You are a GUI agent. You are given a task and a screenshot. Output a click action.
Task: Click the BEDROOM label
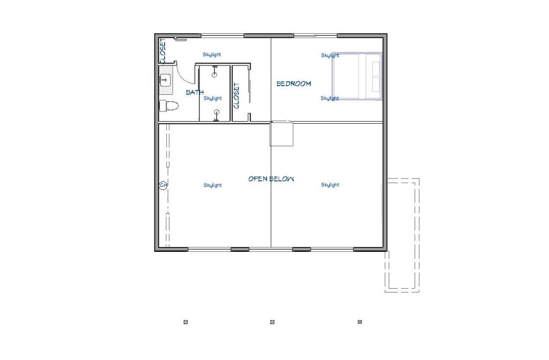[x=293, y=84]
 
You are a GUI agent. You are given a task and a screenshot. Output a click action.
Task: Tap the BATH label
[x=195, y=92]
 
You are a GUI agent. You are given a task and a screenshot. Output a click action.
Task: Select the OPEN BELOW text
[x=271, y=179]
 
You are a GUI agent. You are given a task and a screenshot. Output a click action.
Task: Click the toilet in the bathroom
[x=169, y=106]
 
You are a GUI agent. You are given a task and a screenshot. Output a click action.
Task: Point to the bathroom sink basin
[x=165, y=80]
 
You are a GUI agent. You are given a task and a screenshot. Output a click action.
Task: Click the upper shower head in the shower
[x=214, y=73]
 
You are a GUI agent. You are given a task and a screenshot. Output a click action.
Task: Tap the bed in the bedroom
[x=357, y=76]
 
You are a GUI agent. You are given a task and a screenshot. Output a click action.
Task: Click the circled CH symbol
[x=163, y=185]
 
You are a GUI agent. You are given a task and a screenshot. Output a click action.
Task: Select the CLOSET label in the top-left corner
[x=163, y=51]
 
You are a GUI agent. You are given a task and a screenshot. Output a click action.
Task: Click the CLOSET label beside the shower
[x=236, y=95]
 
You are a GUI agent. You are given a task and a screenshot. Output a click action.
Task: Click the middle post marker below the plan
[x=272, y=322]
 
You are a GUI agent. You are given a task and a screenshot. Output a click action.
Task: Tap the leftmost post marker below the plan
[x=186, y=322]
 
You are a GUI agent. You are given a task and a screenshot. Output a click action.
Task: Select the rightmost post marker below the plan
[x=360, y=322]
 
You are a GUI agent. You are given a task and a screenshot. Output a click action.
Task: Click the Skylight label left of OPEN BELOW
[x=212, y=185]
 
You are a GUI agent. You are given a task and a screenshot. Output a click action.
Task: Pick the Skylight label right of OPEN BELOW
[x=330, y=185]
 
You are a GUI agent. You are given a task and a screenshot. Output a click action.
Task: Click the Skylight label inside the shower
[x=212, y=99]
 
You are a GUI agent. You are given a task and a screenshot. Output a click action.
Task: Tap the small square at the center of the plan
[x=281, y=133]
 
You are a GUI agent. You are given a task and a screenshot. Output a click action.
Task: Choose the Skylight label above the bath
[x=212, y=55]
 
